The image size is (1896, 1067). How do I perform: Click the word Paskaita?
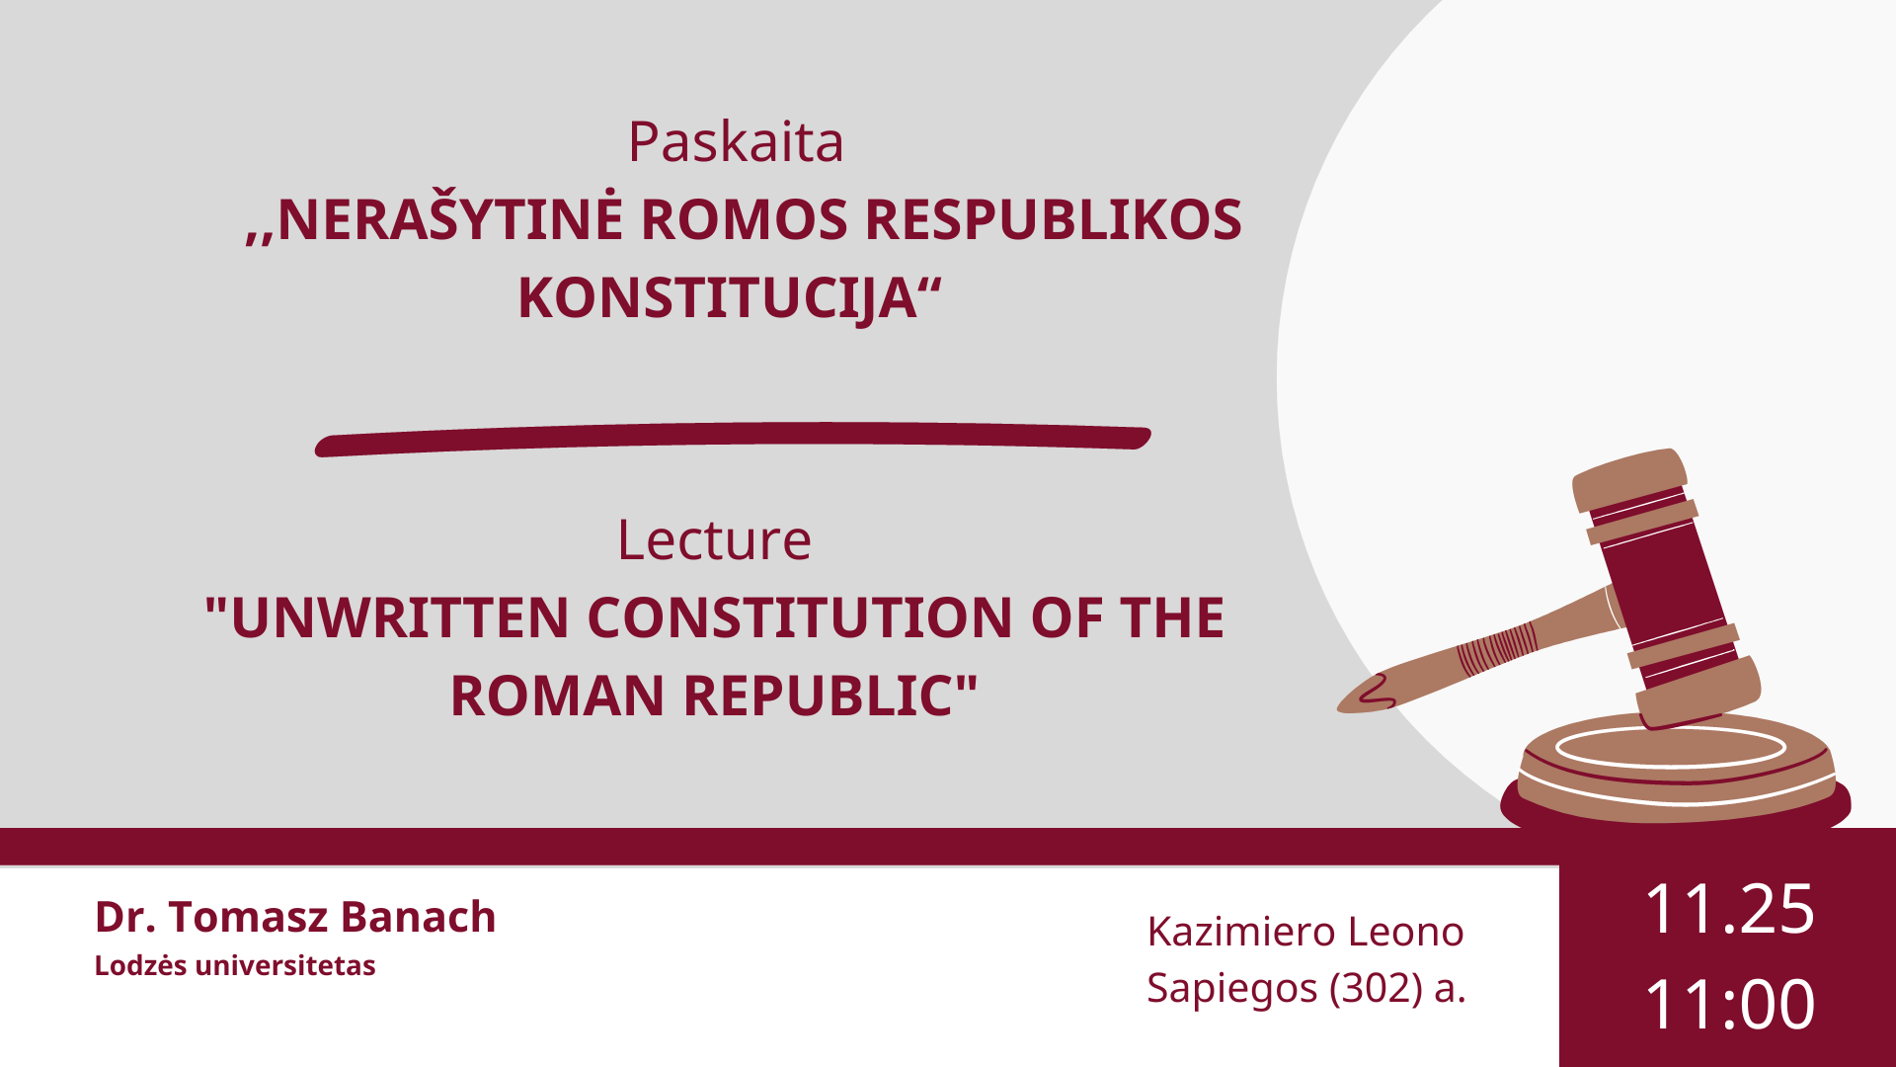click(x=736, y=141)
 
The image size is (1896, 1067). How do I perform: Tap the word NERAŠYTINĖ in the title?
click(x=450, y=218)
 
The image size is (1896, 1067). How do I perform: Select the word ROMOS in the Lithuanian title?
click(x=744, y=219)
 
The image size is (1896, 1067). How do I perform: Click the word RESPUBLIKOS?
click(x=1054, y=219)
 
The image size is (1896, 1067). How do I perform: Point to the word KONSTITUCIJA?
click(x=718, y=298)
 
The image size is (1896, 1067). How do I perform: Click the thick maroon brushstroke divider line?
click(x=733, y=439)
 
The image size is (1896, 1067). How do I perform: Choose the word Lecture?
click(x=714, y=539)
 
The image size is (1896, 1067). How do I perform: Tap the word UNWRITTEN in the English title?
click(x=400, y=617)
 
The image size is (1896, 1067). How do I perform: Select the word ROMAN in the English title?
click(x=557, y=696)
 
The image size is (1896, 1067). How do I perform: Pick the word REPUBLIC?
click(x=819, y=696)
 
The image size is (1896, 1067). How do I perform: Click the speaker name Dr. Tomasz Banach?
click(x=295, y=917)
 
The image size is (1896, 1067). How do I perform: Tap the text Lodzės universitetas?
click(x=235, y=965)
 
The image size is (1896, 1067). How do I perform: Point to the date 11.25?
click(x=1729, y=909)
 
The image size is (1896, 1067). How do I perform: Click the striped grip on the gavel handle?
click(x=1497, y=648)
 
